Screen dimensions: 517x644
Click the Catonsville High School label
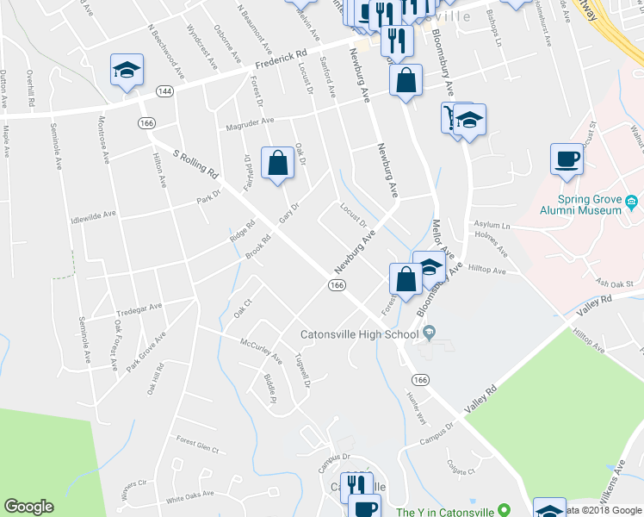click(x=359, y=334)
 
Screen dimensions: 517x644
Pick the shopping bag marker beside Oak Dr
click(x=277, y=164)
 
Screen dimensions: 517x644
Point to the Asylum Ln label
click(x=490, y=226)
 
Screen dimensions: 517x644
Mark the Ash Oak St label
click(x=615, y=283)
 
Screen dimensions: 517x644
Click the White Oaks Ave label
click(x=189, y=497)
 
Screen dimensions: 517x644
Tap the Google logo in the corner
click(x=29, y=507)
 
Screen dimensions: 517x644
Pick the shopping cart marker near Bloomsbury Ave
click(x=450, y=117)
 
